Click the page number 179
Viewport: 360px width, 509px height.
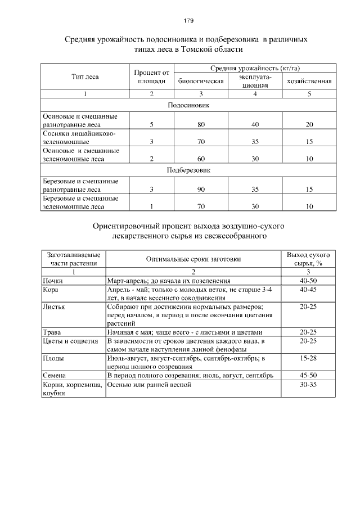click(x=188, y=21)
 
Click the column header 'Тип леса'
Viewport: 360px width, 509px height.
click(x=85, y=76)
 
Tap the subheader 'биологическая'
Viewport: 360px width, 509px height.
click(x=201, y=81)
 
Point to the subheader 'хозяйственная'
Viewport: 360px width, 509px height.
click(x=309, y=81)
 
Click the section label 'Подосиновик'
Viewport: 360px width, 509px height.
click(x=188, y=105)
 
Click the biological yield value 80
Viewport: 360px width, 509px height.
click(x=201, y=124)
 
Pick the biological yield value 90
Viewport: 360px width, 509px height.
click(x=201, y=190)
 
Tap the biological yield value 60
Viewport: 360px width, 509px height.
click(x=201, y=159)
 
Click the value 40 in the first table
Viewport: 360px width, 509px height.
click(x=255, y=124)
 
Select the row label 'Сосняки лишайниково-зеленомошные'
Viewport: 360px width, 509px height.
click(x=79, y=138)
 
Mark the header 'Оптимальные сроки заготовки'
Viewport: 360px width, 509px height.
click(x=193, y=259)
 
